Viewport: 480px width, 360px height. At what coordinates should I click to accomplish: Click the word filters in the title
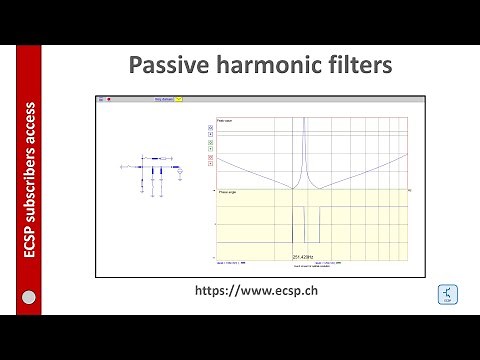click(x=345, y=65)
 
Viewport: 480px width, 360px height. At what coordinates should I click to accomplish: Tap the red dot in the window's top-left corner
click(x=109, y=100)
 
